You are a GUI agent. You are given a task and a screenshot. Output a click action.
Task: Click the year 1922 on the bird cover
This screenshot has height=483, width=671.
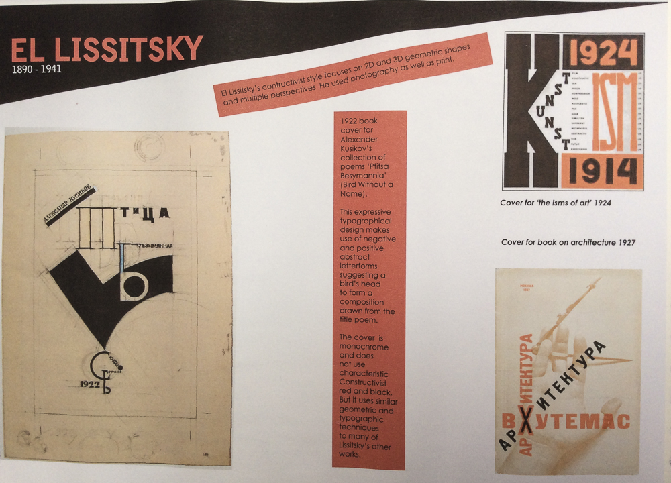click(91, 384)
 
